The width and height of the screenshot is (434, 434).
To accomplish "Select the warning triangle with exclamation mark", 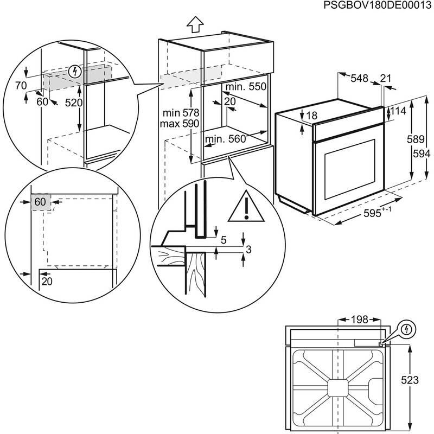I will click(246, 207).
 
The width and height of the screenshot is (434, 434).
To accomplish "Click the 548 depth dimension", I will click(359, 79).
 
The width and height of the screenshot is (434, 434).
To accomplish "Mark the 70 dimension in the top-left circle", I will click(21, 85).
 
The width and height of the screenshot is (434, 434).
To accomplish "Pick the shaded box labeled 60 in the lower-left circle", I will click(41, 202).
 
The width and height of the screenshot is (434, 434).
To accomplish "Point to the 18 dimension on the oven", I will click(311, 116).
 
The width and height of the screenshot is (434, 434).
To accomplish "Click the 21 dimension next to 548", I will click(386, 79).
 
